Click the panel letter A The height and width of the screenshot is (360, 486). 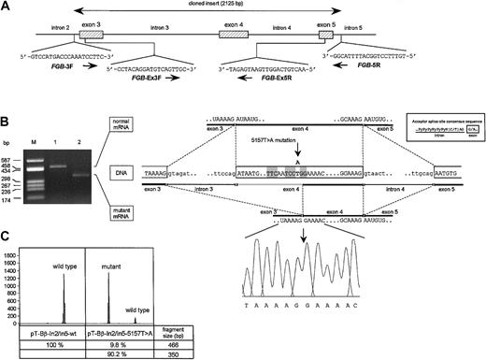7,7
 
